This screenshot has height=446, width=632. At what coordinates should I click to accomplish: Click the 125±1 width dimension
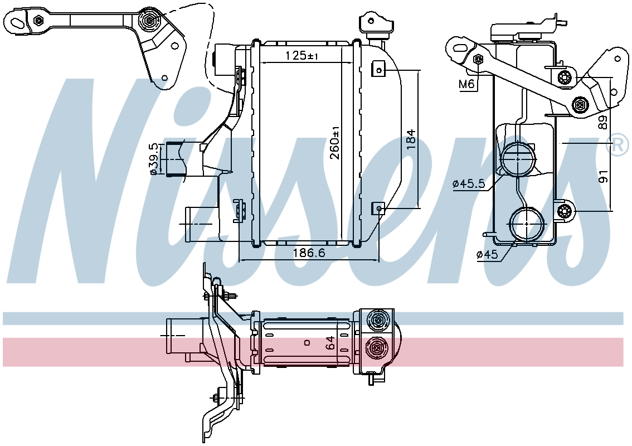302,56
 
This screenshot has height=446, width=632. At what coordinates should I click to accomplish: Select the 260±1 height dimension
336,143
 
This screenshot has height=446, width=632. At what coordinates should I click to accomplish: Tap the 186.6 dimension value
309,253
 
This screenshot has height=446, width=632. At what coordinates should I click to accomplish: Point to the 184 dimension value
410,139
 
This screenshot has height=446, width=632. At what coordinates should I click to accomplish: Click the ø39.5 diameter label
153,159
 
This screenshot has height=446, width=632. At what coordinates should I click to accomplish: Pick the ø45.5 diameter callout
468,184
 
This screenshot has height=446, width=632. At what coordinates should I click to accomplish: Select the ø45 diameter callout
487,254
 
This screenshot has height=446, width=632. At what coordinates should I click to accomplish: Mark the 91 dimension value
603,177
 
